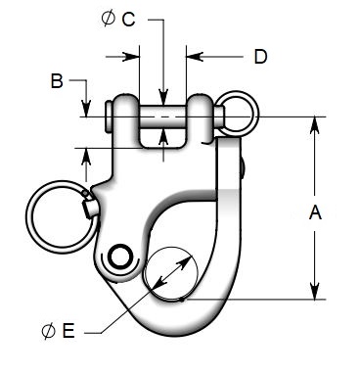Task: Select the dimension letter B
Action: tap(58, 80)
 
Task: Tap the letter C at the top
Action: tap(129, 19)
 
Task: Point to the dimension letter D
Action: tap(260, 57)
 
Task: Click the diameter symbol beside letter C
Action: tap(108, 19)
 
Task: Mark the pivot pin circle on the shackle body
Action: tap(121, 258)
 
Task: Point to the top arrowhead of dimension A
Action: tap(314, 123)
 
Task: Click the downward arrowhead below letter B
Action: tap(86, 111)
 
